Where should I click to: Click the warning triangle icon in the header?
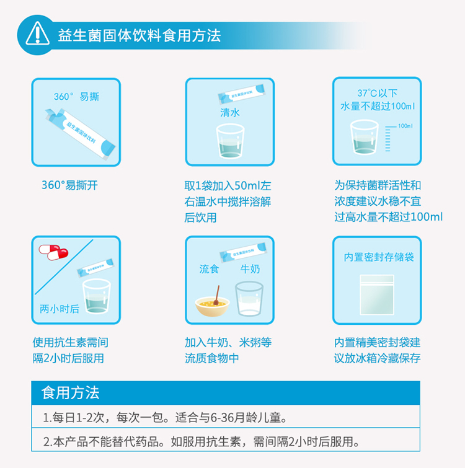[x=37, y=33]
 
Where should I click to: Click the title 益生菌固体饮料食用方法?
[x=139, y=35]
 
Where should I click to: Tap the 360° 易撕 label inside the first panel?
[x=76, y=97]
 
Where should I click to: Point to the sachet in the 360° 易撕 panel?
[x=80, y=134]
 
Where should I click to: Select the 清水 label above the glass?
[x=230, y=113]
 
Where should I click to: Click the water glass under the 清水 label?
[x=230, y=141]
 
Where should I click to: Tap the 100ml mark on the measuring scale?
[x=405, y=126]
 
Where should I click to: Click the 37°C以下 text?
[x=377, y=93]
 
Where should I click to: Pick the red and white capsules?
[x=53, y=252]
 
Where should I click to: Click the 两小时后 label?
[x=60, y=309]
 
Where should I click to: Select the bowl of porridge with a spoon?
[x=213, y=301]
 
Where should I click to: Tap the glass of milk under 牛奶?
[x=249, y=299]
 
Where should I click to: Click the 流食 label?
[x=209, y=269]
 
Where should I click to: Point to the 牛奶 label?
[x=250, y=269]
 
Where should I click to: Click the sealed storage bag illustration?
[x=377, y=295]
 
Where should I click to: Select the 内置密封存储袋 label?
[x=379, y=257]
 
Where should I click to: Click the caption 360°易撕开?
[x=69, y=185]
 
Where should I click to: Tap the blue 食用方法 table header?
[x=226, y=393]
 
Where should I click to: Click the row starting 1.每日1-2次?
[x=226, y=417]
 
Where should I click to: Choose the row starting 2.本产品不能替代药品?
[x=226, y=440]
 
